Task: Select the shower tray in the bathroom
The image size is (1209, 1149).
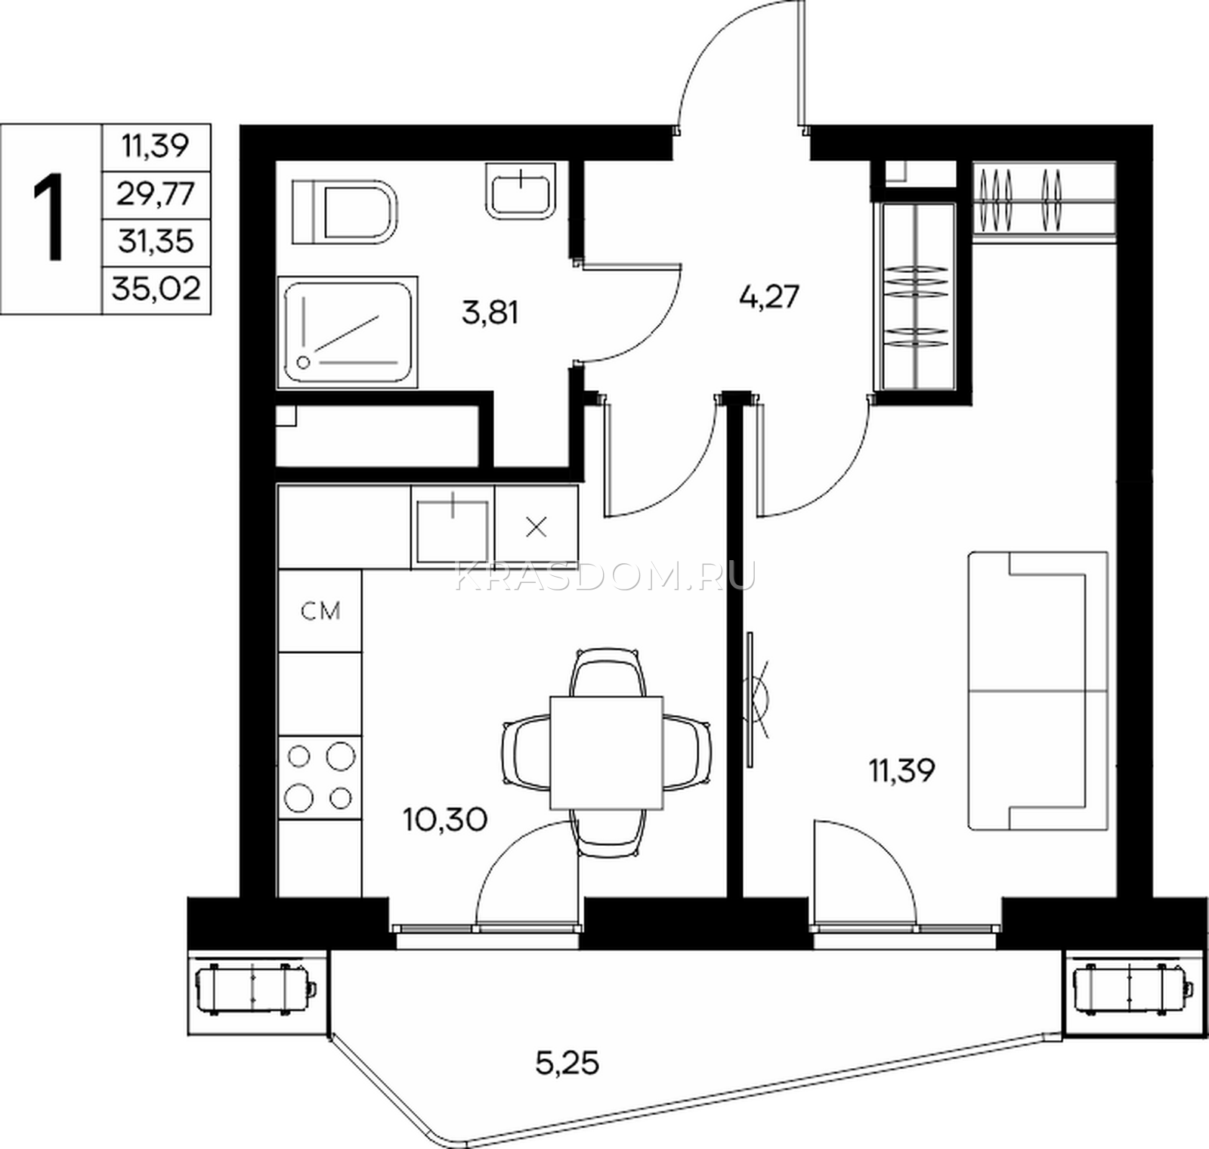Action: click(x=348, y=332)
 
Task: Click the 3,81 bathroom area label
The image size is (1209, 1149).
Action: click(x=490, y=311)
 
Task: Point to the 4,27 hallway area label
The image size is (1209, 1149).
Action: click(x=768, y=296)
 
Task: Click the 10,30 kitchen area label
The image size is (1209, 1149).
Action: click(x=444, y=819)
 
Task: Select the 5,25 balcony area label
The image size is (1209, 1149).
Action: click(x=567, y=1063)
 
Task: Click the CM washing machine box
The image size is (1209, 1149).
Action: click(x=320, y=611)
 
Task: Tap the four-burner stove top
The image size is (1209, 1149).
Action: click(x=320, y=776)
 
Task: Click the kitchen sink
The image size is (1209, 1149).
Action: click(x=453, y=528)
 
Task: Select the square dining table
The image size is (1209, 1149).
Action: click(x=607, y=751)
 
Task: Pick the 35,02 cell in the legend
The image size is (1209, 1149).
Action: click(x=156, y=289)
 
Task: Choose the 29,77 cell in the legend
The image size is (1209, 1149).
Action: click(x=156, y=195)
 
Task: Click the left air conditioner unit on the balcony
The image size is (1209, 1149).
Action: click(x=257, y=987)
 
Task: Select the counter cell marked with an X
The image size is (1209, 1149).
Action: click(x=536, y=528)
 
